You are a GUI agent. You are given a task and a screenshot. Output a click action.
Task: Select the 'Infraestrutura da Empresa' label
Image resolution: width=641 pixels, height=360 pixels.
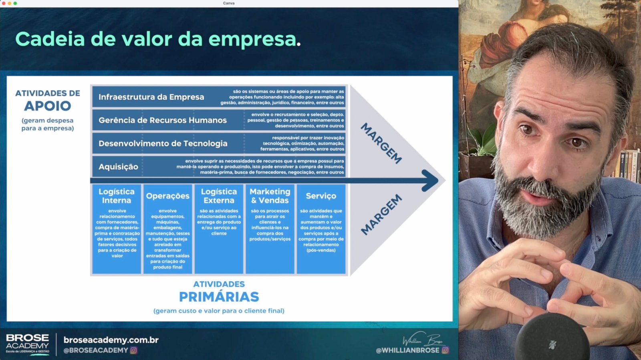151,97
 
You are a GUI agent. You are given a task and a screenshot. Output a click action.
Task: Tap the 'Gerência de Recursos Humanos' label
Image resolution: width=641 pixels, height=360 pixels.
163,120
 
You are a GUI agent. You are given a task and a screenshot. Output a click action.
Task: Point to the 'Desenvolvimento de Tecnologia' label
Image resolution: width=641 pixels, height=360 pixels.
163,144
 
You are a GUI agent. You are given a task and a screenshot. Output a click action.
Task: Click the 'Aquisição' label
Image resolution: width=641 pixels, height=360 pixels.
118,167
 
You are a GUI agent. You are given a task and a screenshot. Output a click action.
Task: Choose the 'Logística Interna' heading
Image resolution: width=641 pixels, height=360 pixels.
117,196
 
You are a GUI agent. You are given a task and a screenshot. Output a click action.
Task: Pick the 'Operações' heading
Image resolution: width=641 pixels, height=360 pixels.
168,196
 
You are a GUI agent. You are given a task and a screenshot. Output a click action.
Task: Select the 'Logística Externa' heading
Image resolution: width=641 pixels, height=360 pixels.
219,196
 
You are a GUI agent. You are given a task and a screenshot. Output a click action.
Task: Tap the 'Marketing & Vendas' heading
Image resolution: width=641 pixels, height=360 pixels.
270,196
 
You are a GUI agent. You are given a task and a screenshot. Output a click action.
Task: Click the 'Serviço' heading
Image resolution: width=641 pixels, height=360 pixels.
321,196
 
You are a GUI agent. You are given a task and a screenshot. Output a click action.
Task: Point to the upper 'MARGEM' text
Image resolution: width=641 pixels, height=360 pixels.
381,144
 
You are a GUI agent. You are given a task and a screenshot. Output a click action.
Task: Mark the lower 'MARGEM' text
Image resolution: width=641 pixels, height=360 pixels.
381,215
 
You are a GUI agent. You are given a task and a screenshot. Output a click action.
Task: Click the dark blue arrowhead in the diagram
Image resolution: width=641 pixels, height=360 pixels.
430,180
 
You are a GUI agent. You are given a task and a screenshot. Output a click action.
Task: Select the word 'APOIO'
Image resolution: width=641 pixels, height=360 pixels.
48,106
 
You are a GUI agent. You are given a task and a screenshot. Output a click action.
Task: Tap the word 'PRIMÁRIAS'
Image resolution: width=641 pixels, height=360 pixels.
219,297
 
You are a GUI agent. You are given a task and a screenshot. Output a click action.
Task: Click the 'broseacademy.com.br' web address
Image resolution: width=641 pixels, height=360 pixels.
111,340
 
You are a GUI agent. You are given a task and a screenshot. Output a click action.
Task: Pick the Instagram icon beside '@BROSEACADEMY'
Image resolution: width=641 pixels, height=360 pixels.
134,350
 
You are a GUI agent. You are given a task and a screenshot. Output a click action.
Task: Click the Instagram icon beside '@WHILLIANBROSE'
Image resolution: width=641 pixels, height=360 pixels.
445,350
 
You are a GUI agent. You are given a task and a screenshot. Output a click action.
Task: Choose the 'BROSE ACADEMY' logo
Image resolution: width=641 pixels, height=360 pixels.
28,344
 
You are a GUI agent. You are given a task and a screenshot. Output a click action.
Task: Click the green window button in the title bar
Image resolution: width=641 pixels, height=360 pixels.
15,4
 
